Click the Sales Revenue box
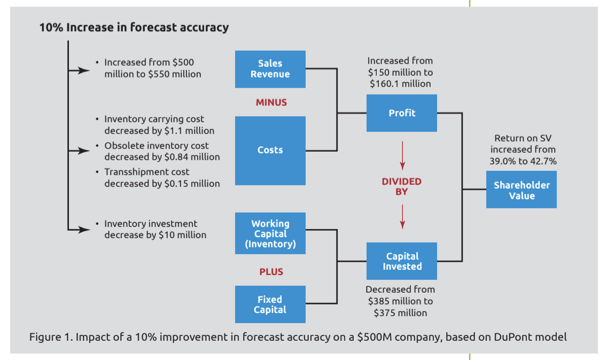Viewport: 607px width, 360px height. (x=270, y=69)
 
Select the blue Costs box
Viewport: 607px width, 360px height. (x=270, y=151)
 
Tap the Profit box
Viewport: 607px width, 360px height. (x=402, y=113)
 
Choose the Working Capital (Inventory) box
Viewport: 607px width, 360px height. (x=270, y=233)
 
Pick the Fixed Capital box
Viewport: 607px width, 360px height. (x=270, y=304)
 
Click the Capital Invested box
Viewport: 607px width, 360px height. (x=402, y=261)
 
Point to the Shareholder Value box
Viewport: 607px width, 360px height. (x=522, y=190)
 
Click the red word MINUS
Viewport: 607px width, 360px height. (x=271, y=103)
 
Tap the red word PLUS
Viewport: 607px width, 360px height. (x=271, y=272)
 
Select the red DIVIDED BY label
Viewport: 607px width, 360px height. (x=401, y=186)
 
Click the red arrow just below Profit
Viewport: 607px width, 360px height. (x=402, y=155)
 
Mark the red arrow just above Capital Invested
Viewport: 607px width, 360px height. (x=402, y=217)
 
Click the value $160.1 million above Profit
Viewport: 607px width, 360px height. (x=400, y=84)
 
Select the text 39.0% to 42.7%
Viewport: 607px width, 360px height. (x=523, y=161)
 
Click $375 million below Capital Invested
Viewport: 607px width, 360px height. (x=400, y=313)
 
